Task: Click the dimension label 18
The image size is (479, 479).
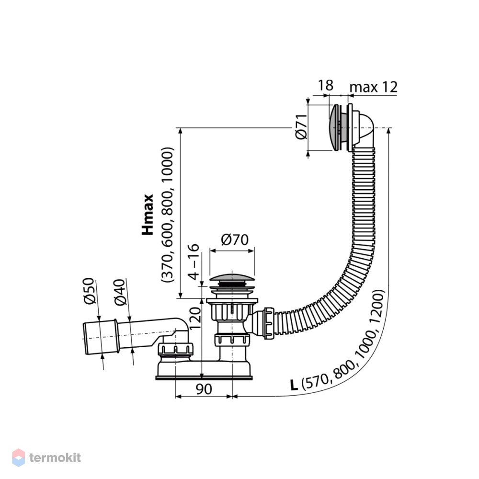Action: (326, 85)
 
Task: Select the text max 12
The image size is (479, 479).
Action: (373, 87)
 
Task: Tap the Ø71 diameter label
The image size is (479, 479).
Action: (301, 126)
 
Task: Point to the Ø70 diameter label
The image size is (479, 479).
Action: (235, 239)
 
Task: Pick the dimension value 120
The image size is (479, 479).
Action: (195, 319)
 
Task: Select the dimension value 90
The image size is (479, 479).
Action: (204, 389)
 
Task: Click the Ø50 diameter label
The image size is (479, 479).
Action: (89, 291)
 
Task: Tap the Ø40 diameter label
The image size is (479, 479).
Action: (120, 292)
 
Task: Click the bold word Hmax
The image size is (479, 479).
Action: (148, 215)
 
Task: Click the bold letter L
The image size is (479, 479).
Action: (294, 385)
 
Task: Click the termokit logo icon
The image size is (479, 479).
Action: (18, 457)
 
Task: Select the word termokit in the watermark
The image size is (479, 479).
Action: (55, 457)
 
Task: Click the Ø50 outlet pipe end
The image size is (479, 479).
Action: (100, 337)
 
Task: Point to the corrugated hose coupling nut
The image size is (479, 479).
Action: (269, 323)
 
